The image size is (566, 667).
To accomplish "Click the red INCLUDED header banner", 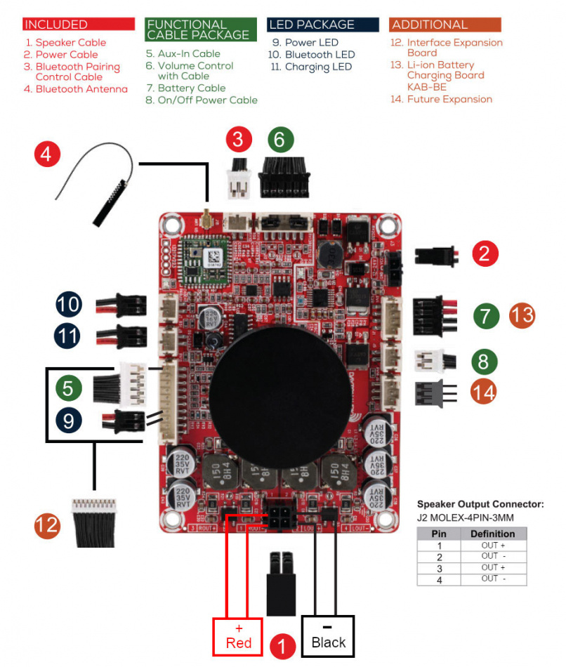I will point(78,25).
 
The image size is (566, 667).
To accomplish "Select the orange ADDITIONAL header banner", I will point(445,25).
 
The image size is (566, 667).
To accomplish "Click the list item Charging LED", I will point(317,67).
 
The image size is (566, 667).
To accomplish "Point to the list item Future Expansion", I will point(449,99).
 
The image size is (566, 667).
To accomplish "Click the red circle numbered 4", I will point(46,154).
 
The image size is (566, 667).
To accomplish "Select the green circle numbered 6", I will point(279,140).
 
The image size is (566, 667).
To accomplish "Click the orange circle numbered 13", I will point(522,315).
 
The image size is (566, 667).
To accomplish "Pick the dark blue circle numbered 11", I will point(69,336).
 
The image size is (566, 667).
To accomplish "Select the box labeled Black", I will point(328,636).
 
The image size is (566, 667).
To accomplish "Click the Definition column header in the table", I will point(493,534).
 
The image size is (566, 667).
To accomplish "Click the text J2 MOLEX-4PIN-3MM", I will point(463,517).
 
